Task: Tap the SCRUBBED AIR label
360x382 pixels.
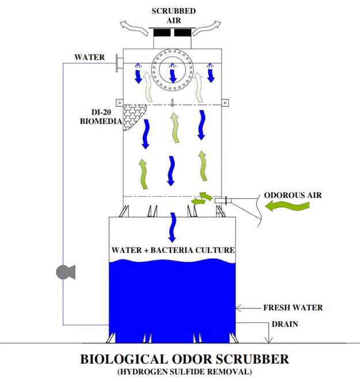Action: pyautogui.click(x=174, y=15)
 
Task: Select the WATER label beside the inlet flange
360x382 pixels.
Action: pyautogui.click(x=89, y=58)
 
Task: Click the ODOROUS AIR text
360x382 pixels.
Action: pyautogui.click(x=293, y=195)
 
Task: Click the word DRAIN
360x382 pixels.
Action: pyautogui.click(x=286, y=324)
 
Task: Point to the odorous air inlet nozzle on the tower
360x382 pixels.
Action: pyautogui.click(x=222, y=200)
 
